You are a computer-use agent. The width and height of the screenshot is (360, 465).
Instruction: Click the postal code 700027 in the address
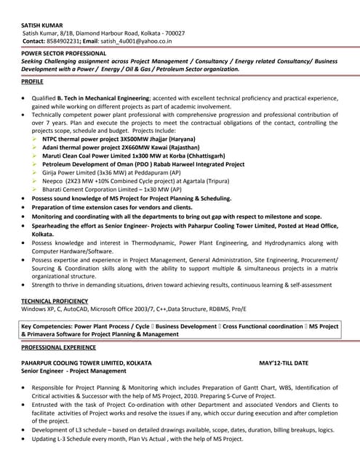(172, 33)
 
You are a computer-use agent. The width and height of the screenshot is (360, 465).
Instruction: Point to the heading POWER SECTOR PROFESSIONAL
(63, 54)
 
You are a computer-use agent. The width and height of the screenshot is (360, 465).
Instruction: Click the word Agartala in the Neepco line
(198, 184)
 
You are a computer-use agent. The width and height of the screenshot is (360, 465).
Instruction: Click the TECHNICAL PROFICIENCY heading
(55, 301)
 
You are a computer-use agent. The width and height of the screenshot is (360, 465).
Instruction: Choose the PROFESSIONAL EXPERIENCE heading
(59, 348)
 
